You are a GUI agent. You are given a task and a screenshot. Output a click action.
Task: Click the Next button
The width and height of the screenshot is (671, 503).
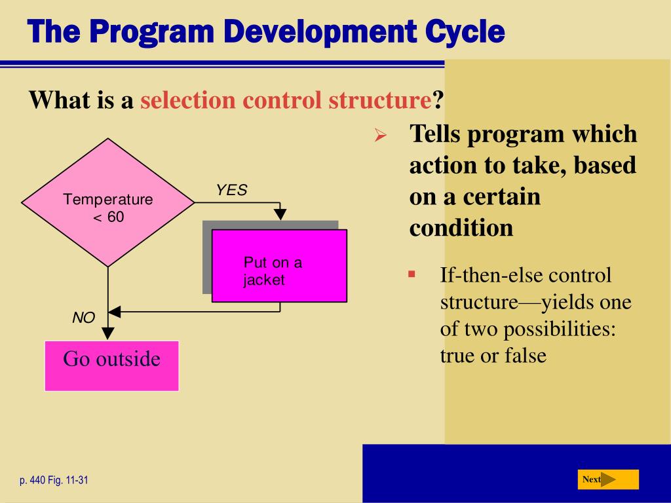click(x=607, y=479)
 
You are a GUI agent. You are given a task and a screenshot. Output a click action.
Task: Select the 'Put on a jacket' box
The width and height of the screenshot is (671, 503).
click(x=279, y=266)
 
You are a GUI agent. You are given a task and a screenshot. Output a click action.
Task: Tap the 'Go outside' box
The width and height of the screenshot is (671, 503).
click(x=111, y=365)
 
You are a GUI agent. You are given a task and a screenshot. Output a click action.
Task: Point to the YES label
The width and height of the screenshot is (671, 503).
click(x=232, y=191)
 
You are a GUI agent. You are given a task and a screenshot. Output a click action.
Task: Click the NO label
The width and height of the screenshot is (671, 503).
click(x=83, y=318)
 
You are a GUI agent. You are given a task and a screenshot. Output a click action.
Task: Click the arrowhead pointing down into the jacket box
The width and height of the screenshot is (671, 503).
click(x=280, y=214)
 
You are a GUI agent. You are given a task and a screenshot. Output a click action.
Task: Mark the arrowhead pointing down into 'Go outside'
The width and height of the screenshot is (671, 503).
click(x=108, y=333)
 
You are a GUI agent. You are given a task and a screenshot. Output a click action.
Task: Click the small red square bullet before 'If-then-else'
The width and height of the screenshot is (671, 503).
click(x=412, y=274)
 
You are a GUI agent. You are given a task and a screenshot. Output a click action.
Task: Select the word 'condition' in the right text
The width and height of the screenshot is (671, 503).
click(x=461, y=228)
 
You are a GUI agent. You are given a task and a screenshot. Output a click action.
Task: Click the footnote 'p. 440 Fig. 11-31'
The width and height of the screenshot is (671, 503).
click(x=54, y=481)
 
